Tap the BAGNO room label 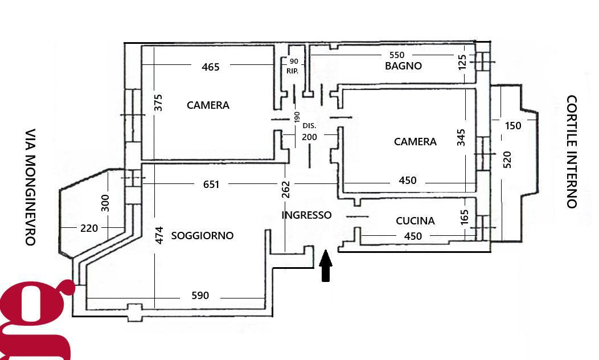[x=403, y=66]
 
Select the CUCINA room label [x=415, y=221]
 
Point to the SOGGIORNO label [x=202, y=235]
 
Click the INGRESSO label [x=306, y=215]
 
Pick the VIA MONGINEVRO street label [x=30, y=186]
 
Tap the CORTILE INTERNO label [x=572, y=152]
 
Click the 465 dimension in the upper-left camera [x=211, y=67]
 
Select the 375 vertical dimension [x=159, y=103]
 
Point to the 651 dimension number [x=211, y=184]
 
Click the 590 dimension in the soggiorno [x=200, y=296]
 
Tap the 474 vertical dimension [x=159, y=235]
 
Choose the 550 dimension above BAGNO [x=396, y=55]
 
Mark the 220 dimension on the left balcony [x=89, y=228]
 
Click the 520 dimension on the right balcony [x=508, y=159]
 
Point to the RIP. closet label [x=293, y=71]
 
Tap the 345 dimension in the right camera [x=462, y=137]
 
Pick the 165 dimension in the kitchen [x=464, y=216]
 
